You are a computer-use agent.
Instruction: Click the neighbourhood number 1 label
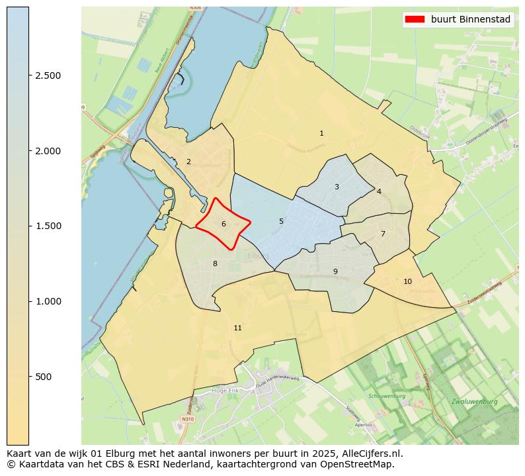coord(321,133)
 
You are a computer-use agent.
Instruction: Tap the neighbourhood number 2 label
coord(188,162)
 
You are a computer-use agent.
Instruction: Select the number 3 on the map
coord(337,187)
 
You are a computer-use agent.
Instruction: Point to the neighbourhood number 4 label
coord(379,191)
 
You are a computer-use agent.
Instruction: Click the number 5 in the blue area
coord(281,221)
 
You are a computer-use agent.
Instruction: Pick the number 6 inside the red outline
coord(223,224)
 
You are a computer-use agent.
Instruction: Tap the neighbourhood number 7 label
coord(383,234)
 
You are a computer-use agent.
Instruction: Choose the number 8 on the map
coord(215,263)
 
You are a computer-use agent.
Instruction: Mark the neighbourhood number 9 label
coord(335,271)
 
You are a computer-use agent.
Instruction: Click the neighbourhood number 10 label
coord(407,281)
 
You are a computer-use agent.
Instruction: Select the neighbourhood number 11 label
coord(237,328)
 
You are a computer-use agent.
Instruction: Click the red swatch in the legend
coord(415,20)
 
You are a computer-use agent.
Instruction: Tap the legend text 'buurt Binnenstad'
coord(471,20)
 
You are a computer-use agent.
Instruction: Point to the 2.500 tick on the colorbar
coord(48,75)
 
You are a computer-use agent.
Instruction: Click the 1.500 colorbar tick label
coord(48,226)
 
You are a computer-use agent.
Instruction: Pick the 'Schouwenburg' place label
coord(386,396)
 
